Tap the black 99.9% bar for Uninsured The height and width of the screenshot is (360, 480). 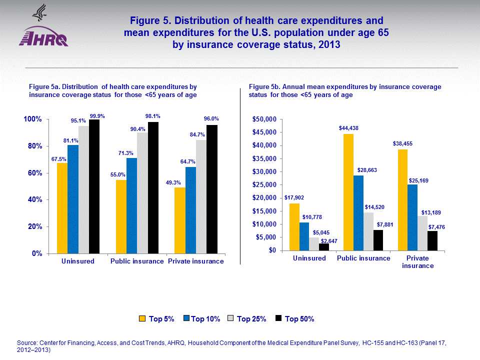[94, 186]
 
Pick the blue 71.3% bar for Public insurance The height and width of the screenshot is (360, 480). [131, 205]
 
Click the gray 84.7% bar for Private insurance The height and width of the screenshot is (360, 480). [201, 196]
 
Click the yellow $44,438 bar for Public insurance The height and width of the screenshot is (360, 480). [348, 192]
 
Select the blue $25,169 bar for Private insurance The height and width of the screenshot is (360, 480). [412, 217]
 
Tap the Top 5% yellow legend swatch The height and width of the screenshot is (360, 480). [142, 318]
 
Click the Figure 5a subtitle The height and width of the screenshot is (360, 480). [113, 90]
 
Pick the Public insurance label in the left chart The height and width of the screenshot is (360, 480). [137, 261]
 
